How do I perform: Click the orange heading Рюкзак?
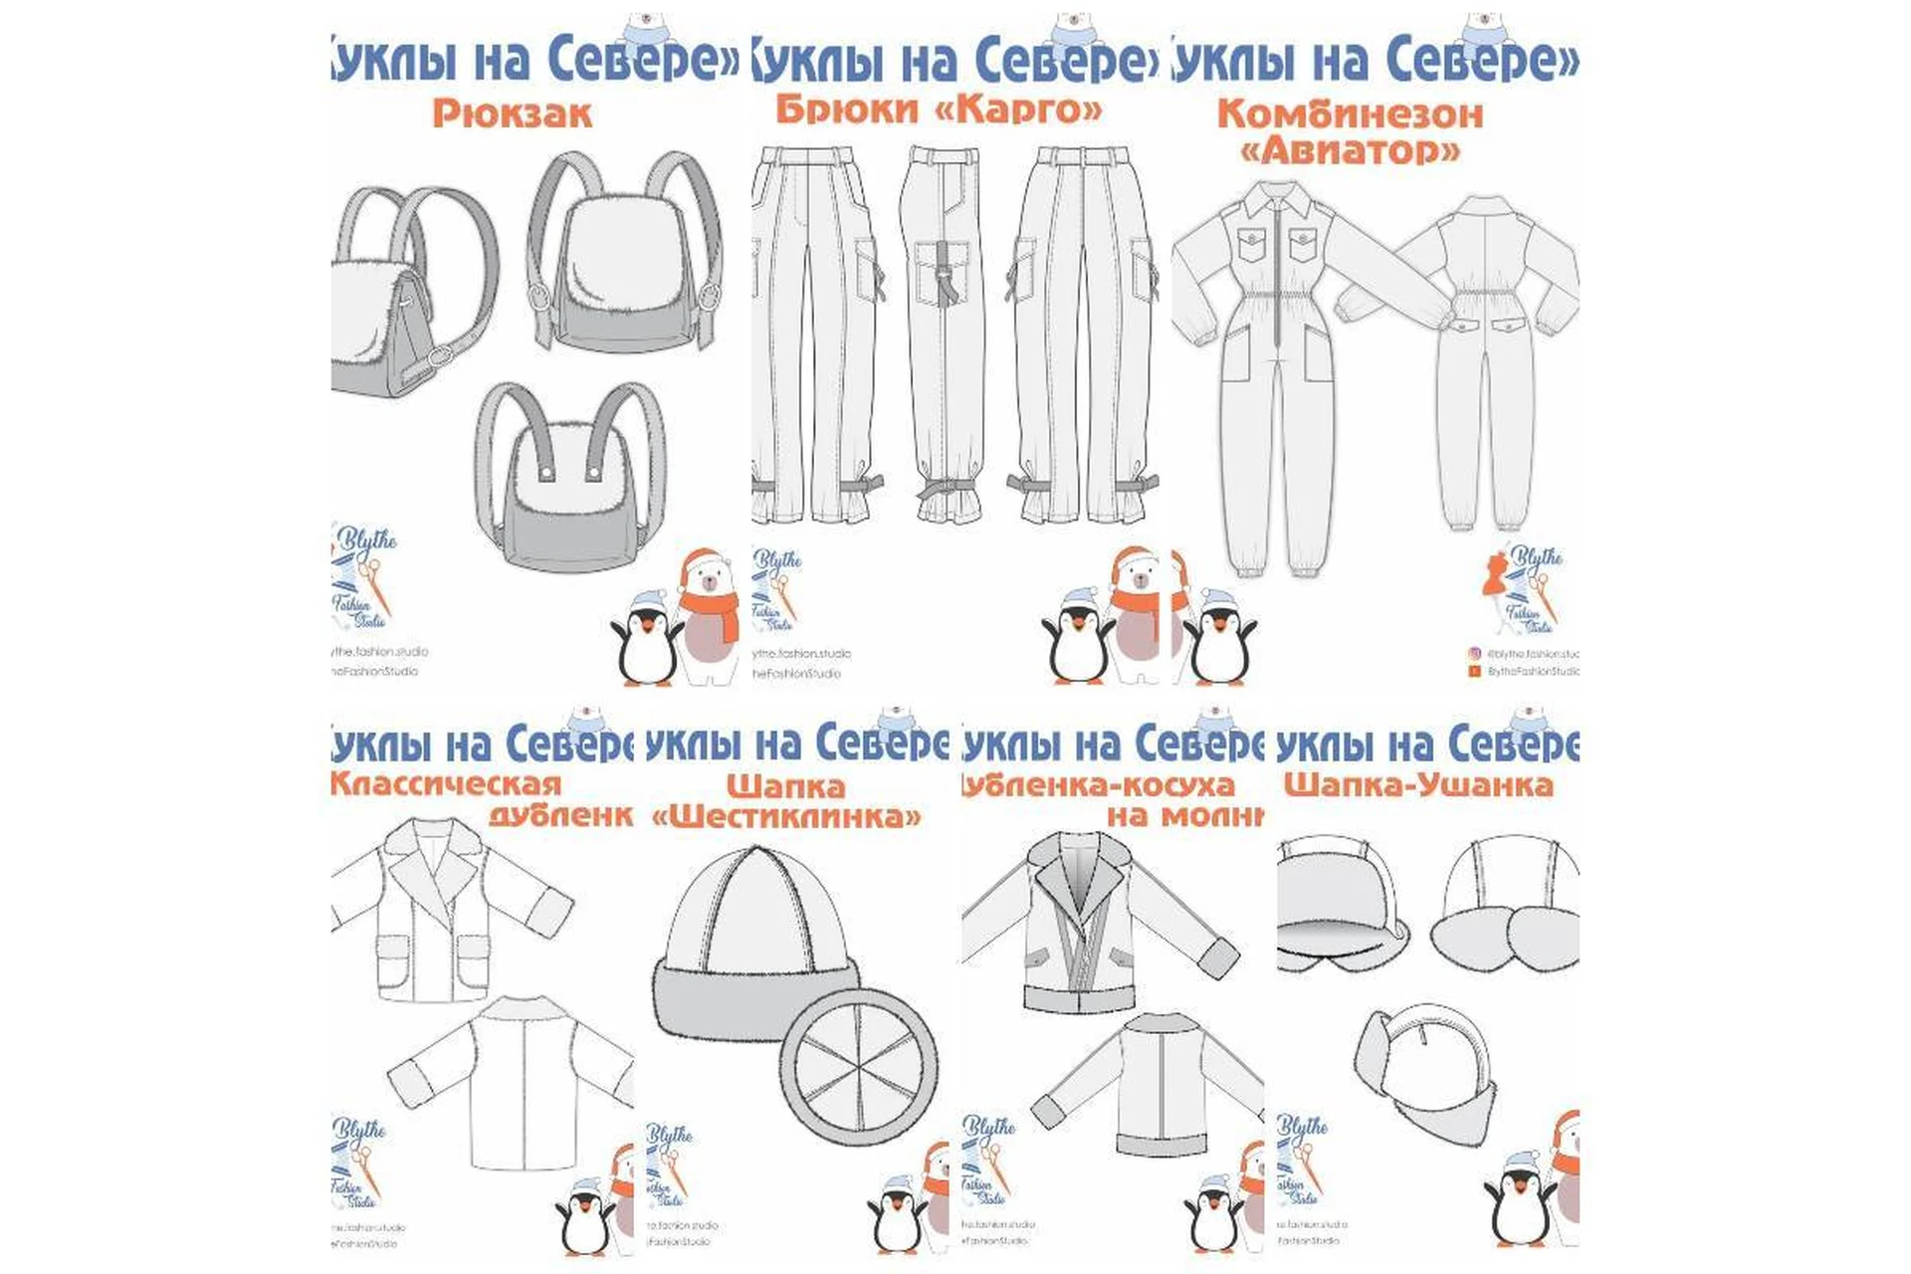click(512, 112)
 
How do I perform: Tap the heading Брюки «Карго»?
click(939, 107)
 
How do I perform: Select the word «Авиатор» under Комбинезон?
click(1350, 150)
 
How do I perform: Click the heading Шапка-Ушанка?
click(1417, 784)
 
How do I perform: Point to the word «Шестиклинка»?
click(786, 817)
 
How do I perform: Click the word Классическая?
click(446, 783)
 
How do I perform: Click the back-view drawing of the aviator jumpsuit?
click(1483, 358)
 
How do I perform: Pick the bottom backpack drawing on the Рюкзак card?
click(569, 478)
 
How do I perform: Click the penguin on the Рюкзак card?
click(645, 637)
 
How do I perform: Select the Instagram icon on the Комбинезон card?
click(1475, 654)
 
